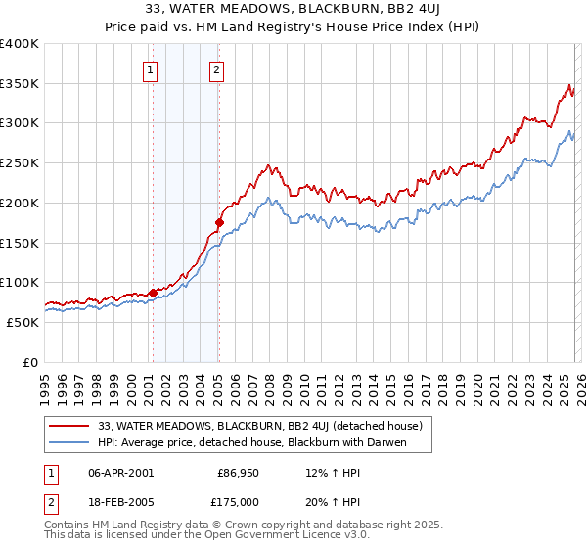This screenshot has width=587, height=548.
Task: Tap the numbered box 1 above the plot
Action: coord(150,69)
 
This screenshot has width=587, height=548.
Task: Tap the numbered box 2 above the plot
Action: coord(216,69)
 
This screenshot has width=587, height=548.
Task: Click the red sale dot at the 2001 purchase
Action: coord(153,293)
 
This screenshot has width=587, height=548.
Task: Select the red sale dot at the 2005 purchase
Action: coord(219,222)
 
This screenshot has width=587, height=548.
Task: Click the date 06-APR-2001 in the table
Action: coord(120,473)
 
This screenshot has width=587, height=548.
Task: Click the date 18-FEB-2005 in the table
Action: coord(120,502)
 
